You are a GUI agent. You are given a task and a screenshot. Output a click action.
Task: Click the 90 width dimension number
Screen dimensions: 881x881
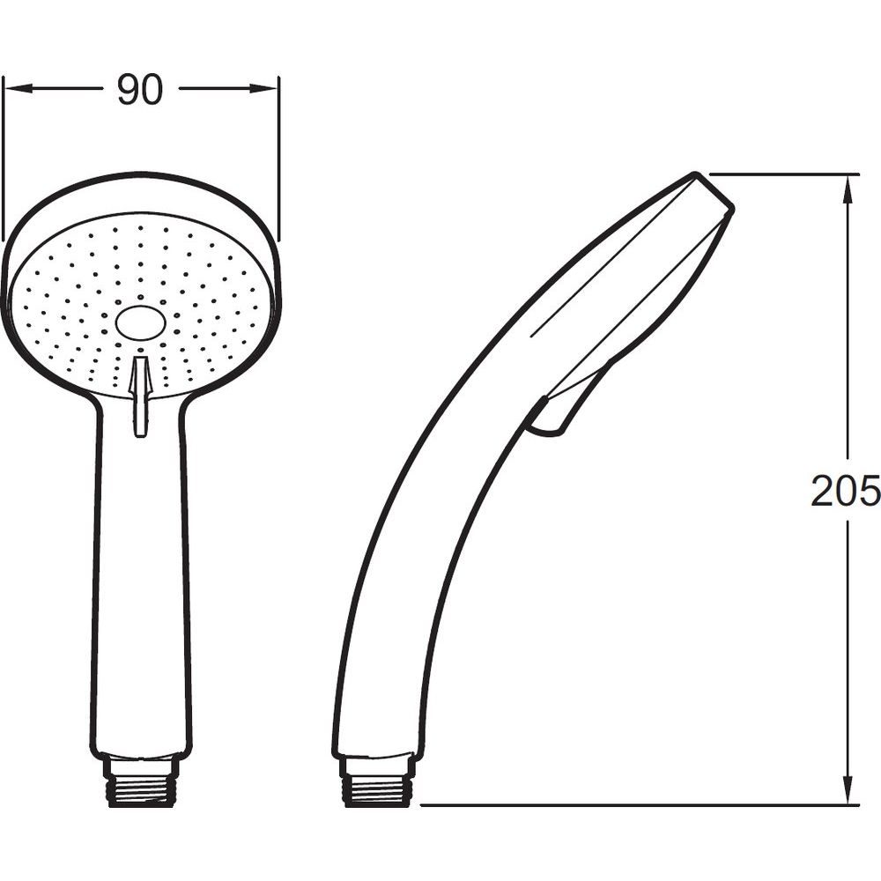point(140,90)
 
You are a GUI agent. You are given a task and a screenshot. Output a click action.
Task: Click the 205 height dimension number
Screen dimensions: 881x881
point(845,491)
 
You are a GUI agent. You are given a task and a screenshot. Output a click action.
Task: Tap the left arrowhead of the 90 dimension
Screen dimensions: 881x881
point(18,89)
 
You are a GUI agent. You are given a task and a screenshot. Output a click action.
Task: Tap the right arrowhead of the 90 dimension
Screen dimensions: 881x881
point(264,89)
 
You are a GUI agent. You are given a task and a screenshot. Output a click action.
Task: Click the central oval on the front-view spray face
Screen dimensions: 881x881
point(141,324)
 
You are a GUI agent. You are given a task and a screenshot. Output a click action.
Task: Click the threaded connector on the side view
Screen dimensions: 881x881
point(380,782)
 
